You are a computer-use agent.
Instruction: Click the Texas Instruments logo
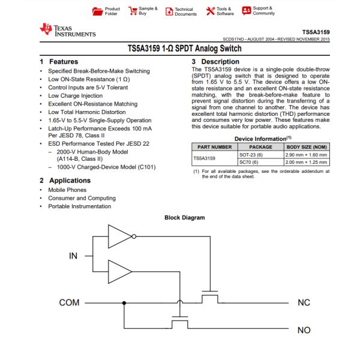tap(67, 31)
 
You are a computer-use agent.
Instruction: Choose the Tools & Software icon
tap(210, 11)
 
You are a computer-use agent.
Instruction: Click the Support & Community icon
tap(246, 11)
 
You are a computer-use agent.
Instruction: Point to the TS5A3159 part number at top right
tap(316, 32)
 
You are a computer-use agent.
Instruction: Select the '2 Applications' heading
tap(65, 181)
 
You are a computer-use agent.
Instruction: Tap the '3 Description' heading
tap(215, 62)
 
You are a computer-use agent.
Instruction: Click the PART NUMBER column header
tap(212, 146)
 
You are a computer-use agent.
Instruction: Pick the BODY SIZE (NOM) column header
tap(307, 146)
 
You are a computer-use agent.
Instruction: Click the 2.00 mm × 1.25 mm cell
tap(307, 162)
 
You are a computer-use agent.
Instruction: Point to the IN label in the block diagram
tap(73, 256)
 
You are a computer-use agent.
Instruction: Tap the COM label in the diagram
tap(69, 302)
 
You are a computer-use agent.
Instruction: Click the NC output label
tap(304, 302)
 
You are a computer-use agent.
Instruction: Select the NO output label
tap(304, 330)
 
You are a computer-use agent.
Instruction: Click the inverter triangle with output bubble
tap(120, 236)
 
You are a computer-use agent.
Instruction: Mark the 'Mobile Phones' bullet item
tap(67, 190)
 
